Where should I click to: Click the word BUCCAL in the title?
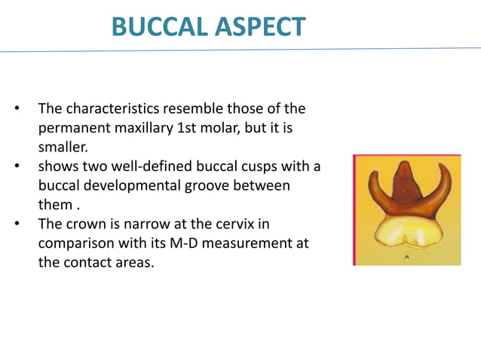[154, 26]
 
